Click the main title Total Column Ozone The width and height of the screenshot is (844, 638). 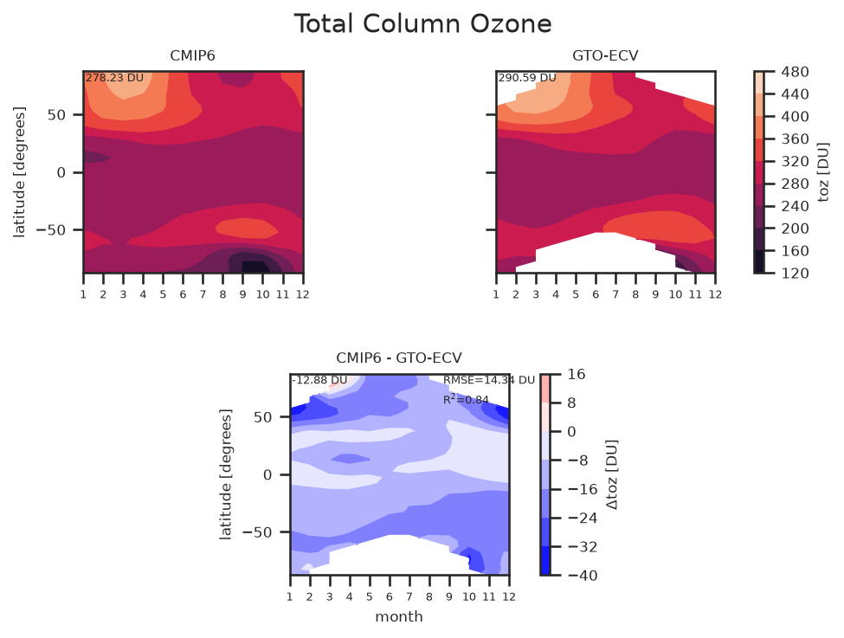[x=422, y=24]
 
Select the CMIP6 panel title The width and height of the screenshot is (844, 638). [x=193, y=56]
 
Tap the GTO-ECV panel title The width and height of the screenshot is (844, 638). [x=605, y=56]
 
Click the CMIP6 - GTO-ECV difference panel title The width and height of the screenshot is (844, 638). [x=399, y=358]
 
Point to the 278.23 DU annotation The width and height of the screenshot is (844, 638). [x=114, y=78]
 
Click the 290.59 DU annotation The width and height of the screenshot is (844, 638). [x=527, y=78]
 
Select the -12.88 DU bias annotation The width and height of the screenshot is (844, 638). [x=319, y=380]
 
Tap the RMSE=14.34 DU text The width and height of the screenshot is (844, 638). [x=489, y=380]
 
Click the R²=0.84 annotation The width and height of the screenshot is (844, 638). [x=466, y=399]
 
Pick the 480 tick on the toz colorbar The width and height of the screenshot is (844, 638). [x=795, y=72]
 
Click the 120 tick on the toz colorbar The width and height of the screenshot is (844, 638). [x=795, y=274]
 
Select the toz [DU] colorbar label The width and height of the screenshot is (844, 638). [x=823, y=172]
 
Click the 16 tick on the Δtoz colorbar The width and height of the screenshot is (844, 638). [x=577, y=375]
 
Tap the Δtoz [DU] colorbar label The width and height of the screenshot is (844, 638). [x=612, y=475]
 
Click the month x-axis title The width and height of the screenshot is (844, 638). [x=399, y=617]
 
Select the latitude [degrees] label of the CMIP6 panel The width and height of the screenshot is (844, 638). [x=19, y=172]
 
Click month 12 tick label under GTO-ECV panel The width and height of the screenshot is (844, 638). [x=715, y=294]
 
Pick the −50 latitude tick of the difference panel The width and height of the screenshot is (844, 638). [x=257, y=532]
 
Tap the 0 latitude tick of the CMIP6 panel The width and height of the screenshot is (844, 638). [x=61, y=173]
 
